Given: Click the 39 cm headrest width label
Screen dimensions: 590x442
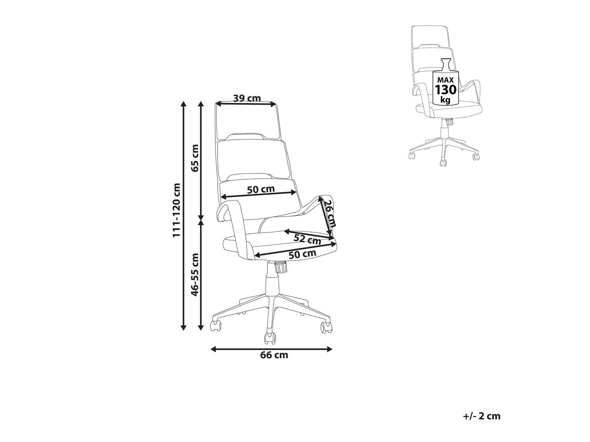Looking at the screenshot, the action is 247,98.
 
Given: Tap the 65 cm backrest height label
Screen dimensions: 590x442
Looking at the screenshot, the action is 195,158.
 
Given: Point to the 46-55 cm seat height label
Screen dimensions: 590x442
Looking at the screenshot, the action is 195,274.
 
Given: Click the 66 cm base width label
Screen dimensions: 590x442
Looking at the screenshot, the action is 274,355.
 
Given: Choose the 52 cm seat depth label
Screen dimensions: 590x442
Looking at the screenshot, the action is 307,239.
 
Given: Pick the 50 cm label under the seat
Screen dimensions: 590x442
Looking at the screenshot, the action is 302,254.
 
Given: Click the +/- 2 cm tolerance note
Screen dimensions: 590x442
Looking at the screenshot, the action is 482,416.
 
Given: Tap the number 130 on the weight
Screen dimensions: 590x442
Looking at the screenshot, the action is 446,90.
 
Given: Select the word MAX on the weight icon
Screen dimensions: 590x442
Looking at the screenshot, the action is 445,80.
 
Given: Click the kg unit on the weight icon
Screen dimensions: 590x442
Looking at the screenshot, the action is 445,100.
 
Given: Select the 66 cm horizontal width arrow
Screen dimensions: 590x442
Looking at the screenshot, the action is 271,349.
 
